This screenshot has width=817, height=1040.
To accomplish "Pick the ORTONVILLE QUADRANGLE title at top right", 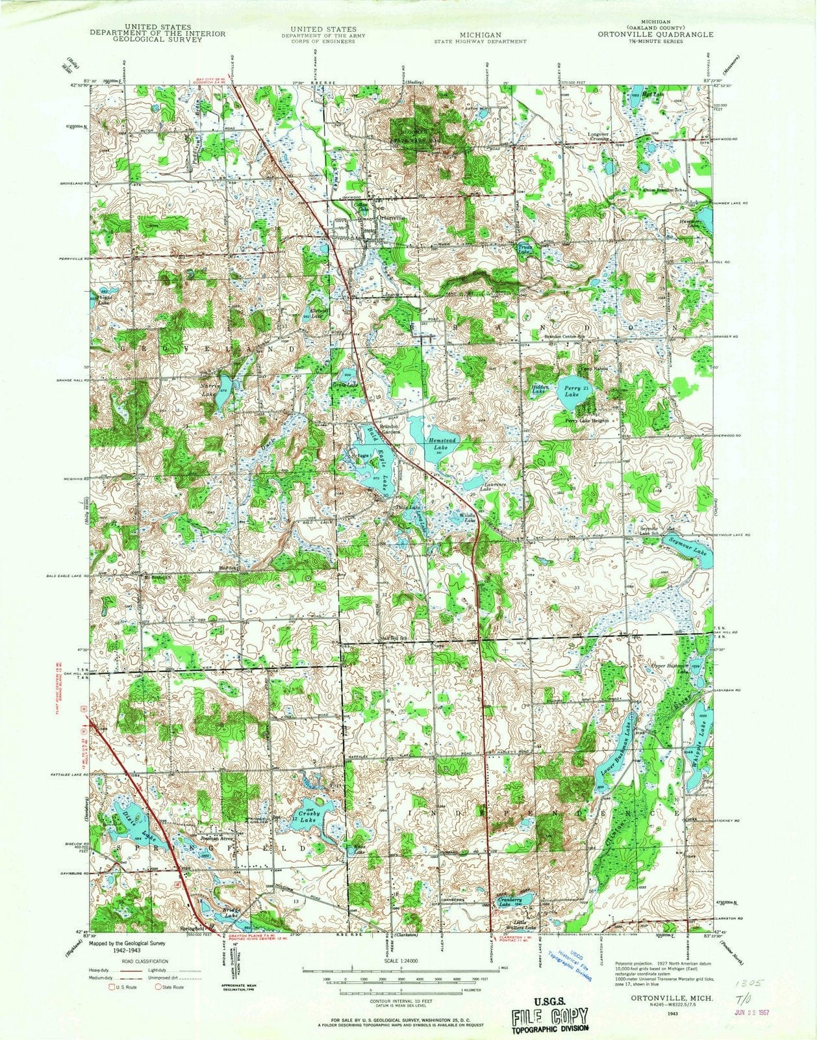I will coord(656,34).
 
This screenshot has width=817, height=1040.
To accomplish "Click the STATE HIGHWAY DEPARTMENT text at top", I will coord(481,41).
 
